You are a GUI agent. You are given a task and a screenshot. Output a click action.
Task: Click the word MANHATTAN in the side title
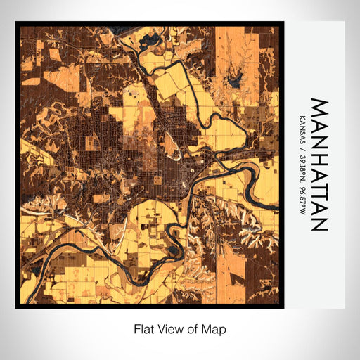[x=319, y=165]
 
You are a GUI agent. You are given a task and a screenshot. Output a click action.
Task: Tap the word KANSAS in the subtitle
[x=302, y=129]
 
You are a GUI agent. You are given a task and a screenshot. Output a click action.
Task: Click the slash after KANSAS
[x=302, y=147]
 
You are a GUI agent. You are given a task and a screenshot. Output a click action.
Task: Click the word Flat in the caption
[x=143, y=328]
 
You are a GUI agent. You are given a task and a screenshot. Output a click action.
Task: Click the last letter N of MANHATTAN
[x=319, y=224]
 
